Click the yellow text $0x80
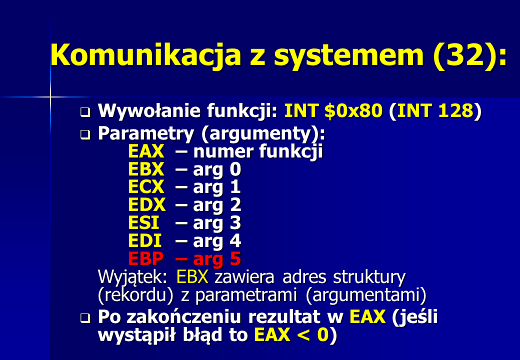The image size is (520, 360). [353, 110]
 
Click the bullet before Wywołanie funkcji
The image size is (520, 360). [85, 112]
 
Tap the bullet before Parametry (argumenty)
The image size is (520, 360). [85, 134]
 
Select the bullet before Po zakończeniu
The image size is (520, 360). [85, 318]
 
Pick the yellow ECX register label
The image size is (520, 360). [146, 186]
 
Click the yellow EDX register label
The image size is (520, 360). [146, 204]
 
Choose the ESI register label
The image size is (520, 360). [143, 222]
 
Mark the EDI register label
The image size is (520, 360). [145, 240]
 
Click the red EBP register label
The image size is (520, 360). [146, 258]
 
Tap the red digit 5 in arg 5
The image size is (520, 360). [235, 258]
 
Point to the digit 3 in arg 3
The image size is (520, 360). [235, 223]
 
